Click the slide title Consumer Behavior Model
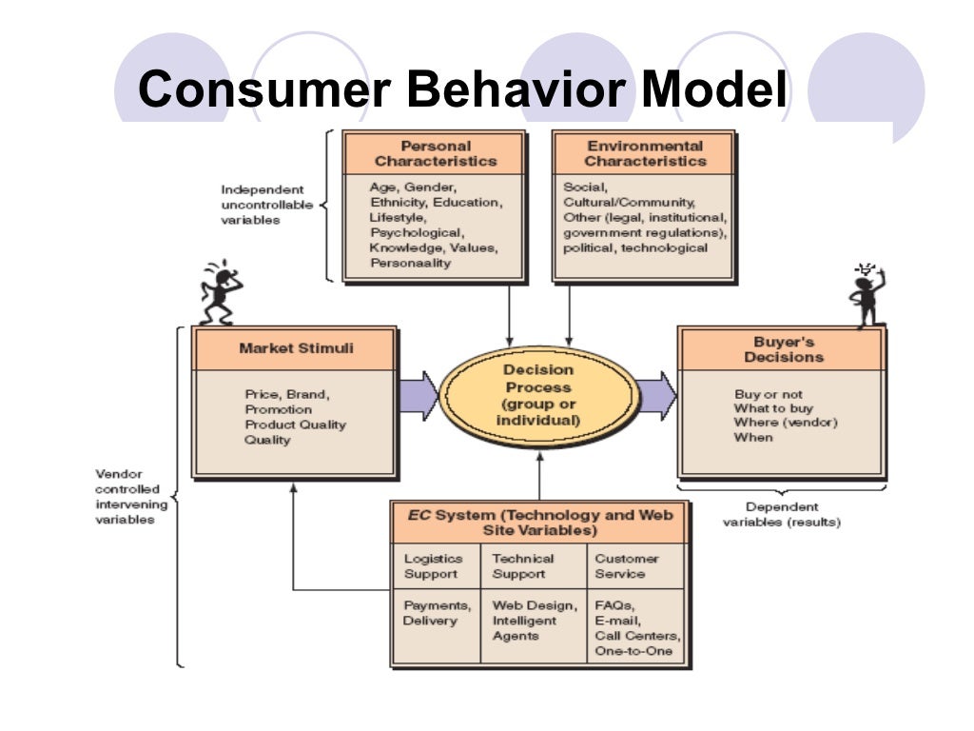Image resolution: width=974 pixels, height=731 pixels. click(x=462, y=90)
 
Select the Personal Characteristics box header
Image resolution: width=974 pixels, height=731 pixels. click(x=435, y=153)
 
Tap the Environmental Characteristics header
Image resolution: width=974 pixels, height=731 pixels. click(x=644, y=153)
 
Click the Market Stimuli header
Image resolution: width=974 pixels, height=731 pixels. click(x=295, y=348)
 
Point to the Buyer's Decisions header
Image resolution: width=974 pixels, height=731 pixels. click(x=783, y=349)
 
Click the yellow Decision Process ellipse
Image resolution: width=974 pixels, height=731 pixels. click(x=538, y=394)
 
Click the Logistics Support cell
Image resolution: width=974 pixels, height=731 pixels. click(x=434, y=566)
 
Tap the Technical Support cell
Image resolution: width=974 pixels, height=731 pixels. click(x=522, y=566)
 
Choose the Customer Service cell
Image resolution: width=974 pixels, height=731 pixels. click(x=627, y=566)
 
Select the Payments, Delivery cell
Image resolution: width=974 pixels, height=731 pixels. click(x=437, y=613)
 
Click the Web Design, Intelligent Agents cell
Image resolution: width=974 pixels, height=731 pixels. click(x=534, y=621)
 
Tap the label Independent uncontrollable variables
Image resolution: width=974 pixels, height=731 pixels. click(x=262, y=205)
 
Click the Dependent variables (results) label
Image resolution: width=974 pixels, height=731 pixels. click(x=782, y=515)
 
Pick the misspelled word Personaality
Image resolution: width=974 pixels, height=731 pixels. click(x=410, y=263)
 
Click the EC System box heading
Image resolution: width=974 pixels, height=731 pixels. click(x=539, y=523)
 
